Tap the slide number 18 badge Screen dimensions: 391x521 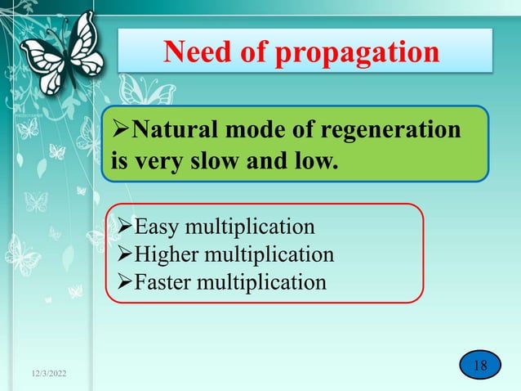pyautogui.click(x=479, y=365)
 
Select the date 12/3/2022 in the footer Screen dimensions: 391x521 pyautogui.click(x=47, y=374)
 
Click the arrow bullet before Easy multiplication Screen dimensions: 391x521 pyautogui.click(x=120, y=227)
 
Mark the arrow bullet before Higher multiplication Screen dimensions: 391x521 pyautogui.click(x=120, y=254)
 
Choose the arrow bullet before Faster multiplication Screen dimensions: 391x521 pyautogui.click(x=120, y=282)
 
